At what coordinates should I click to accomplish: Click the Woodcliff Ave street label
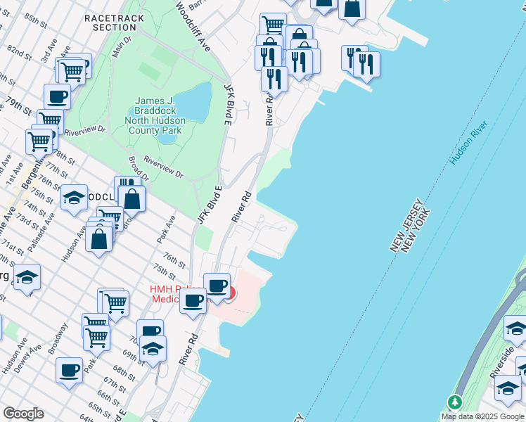[193, 26]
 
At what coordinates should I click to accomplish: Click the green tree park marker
[455, 402]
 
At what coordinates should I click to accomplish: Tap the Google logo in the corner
[23, 414]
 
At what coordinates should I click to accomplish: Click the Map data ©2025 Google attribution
[482, 416]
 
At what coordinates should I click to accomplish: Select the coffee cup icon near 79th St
[57, 96]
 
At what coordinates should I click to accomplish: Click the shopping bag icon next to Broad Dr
[131, 198]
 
